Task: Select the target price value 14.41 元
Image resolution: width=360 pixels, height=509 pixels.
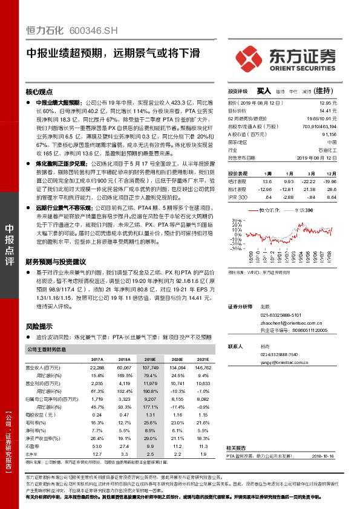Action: (x=328, y=111)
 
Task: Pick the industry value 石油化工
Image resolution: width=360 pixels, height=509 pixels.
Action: (x=326, y=149)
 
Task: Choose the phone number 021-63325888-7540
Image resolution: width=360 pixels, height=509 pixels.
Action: (x=280, y=354)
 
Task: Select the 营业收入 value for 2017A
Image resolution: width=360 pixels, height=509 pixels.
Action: (x=97, y=368)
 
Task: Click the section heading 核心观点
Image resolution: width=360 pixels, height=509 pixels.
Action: (x=39, y=92)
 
